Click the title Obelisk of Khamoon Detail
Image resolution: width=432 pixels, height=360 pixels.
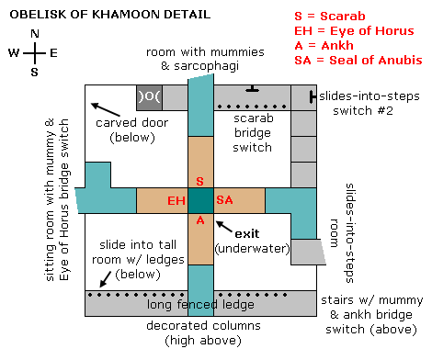(105, 16)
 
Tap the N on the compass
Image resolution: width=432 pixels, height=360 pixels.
(35, 35)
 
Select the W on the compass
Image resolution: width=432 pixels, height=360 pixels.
(14, 53)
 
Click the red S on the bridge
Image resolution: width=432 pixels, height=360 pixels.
(200, 181)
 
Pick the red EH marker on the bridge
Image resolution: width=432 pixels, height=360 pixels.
(176, 200)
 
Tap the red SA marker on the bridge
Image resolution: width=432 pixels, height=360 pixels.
(225, 200)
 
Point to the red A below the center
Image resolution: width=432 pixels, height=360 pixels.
(200, 220)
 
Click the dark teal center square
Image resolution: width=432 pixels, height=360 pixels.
(200, 200)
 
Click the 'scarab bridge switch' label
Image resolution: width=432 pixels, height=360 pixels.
(253, 133)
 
